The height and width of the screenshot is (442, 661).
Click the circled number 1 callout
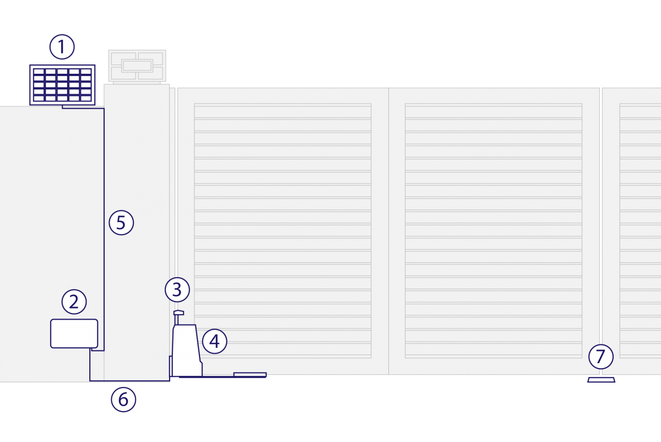[x=62, y=47]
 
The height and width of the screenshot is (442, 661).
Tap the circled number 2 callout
[x=74, y=302]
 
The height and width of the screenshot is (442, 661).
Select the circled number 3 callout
[x=177, y=290]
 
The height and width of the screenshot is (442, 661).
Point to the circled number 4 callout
[x=214, y=341]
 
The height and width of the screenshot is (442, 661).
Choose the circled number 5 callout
[x=121, y=223]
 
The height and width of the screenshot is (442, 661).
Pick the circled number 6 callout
[x=123, y=400]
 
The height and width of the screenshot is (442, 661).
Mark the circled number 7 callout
[x=601, y=357]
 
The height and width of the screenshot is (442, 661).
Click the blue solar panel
[x=62, y=85]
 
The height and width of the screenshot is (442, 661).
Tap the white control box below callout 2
[x=74, y=333]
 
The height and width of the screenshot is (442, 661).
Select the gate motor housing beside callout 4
[x=187, y=351]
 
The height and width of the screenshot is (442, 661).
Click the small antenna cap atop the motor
[x=178, y=312]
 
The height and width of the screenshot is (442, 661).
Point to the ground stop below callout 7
[x=601, y=380]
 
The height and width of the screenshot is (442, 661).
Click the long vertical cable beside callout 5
[x=104, y=229]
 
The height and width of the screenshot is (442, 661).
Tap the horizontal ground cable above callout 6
[x=130, y=381]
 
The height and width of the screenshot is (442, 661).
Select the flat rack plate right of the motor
[x=250, y=375]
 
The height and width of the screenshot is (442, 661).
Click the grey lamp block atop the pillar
[x=137, y=66]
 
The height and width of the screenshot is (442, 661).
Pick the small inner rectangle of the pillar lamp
[x=137, y=66]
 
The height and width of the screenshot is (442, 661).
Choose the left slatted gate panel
[x=283, y=231]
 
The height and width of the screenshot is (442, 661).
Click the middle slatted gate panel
[x=494, y=231]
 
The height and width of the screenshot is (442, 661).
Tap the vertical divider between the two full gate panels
[x=388, y=231]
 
